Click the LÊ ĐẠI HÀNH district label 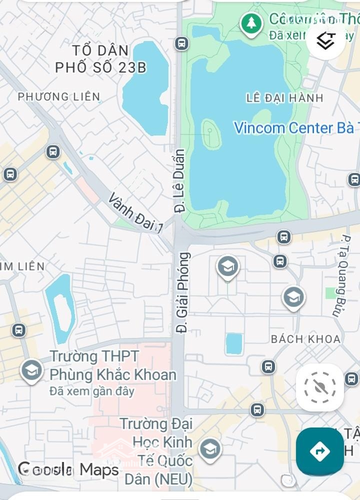coord(285,98)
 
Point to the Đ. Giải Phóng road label coord(183,292)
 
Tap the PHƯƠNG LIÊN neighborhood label coord(59,96)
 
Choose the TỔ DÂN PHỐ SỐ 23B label coord(100,59)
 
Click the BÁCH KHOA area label coord(305,339)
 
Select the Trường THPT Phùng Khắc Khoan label coord(112,366)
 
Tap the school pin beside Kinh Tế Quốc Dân coord(210,449)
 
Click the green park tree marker coord(251,23)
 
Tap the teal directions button coord(319,451)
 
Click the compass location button coord(319,387)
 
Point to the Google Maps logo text coord(68,469)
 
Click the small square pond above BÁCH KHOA coord(233,344)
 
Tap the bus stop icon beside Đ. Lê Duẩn coord(181,43)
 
